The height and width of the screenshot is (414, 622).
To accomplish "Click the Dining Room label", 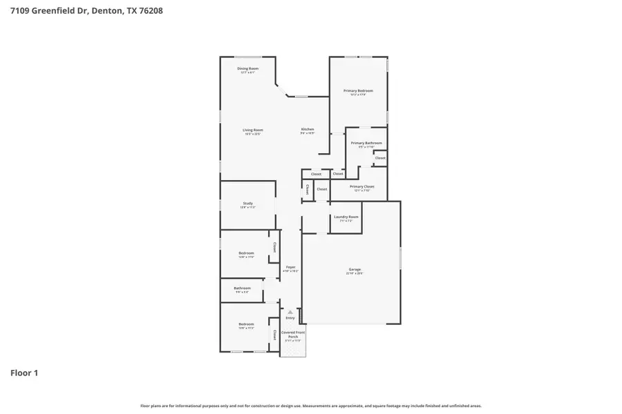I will click(247, 69).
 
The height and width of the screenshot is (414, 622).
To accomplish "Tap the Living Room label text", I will click(252, 130).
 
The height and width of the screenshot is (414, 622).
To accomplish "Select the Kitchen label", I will click(308, 130).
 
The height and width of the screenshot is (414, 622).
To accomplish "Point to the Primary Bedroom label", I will click(358, 91).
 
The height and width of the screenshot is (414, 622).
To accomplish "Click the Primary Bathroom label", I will click(366, 144).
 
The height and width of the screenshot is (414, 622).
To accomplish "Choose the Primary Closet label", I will click(361, 187).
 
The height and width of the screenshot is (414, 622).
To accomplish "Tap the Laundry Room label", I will click(346, 217).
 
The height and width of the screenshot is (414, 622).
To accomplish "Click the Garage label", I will click(355, 270).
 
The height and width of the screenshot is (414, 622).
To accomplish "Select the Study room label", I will click(247, 204).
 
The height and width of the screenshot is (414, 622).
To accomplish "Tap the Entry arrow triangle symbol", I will click(290, 312).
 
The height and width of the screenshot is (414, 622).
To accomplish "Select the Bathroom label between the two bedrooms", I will click(242, 288).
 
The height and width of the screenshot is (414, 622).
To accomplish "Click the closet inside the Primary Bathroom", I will click(380, 158).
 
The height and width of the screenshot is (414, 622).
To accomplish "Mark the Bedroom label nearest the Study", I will click(246, 253).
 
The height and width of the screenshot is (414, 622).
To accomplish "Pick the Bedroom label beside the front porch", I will click(246, 324).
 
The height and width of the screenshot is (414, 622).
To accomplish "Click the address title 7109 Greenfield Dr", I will click(86, 11).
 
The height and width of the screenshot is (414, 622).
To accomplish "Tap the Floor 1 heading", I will click(24, 373).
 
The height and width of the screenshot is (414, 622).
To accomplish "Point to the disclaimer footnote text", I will click(311, 406).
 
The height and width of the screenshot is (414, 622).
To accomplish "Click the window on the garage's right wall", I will click(400, 259).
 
